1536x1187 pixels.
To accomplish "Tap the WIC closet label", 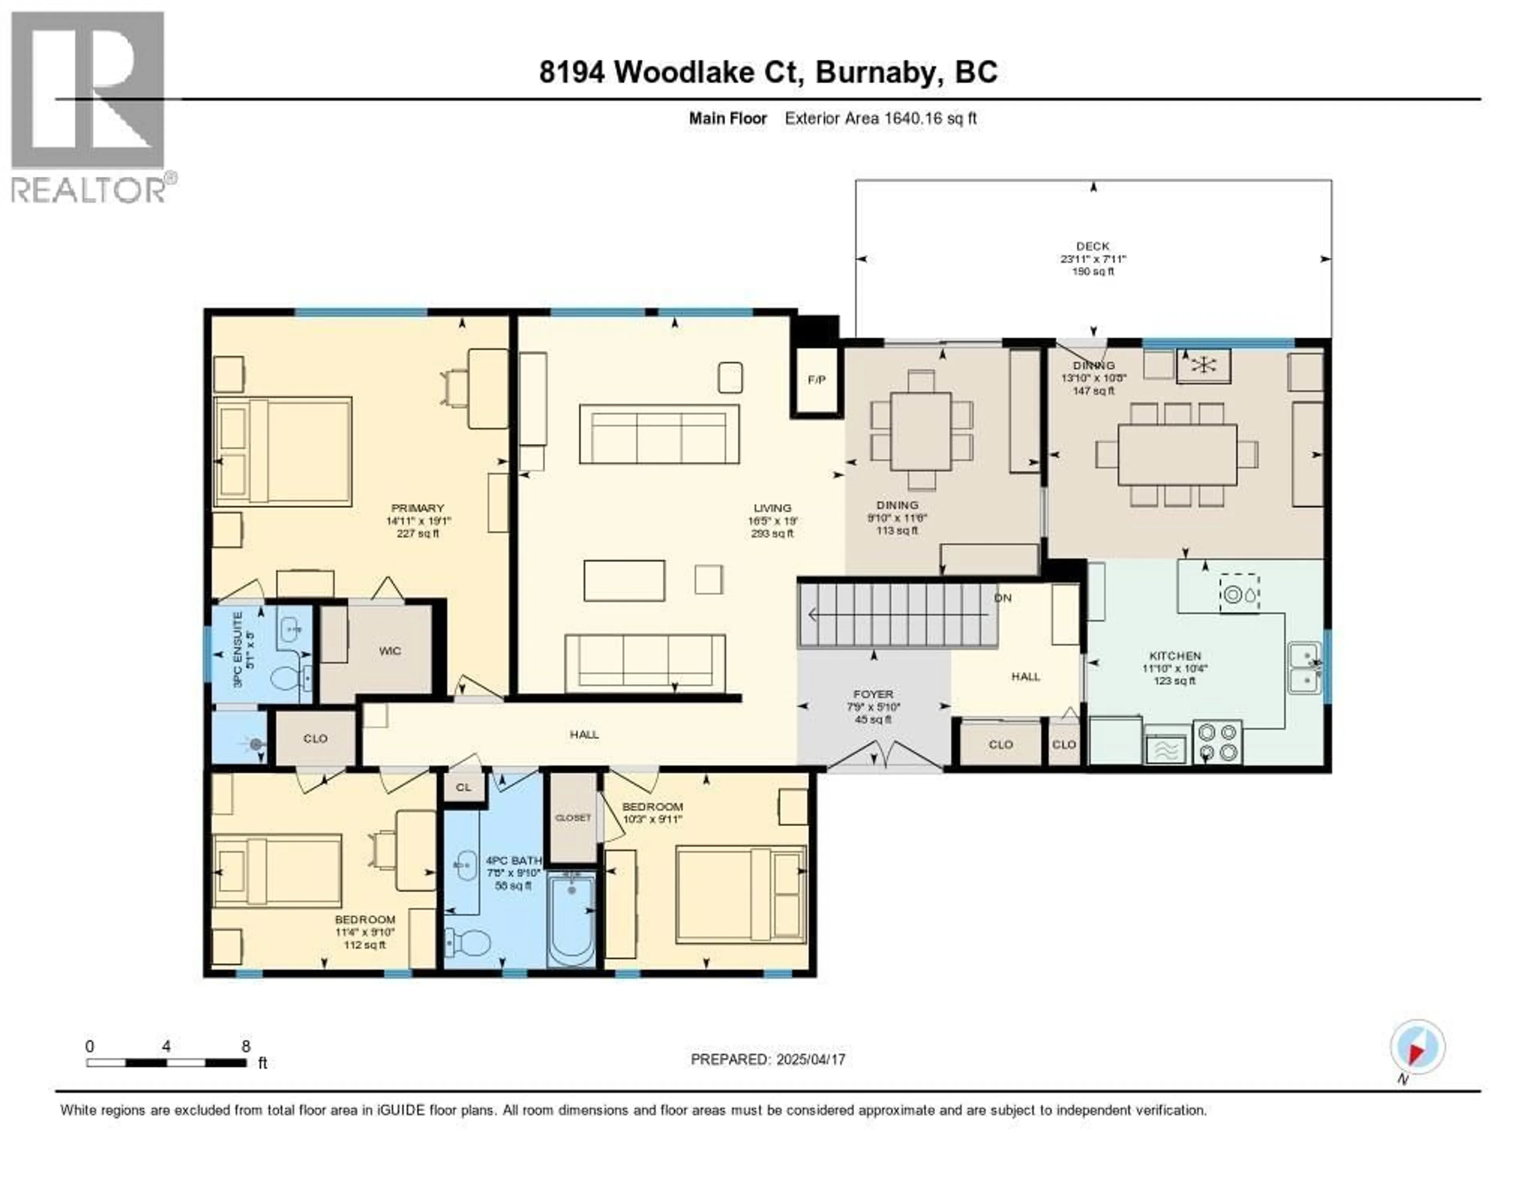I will click(x=390, y=651).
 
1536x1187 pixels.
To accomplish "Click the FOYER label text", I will click(x=874, y=694).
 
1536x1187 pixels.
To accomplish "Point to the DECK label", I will click(x=1092, y=246).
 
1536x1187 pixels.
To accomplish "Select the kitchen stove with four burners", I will click(x=1218, y=742).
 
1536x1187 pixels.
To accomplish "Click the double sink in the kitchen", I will click(x=1305, y=668).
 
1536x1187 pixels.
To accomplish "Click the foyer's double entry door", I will click(x=884, y=758).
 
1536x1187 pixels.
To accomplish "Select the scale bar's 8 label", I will click(x=246, y=1046).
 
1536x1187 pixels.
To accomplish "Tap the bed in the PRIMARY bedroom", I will click(x=283, y=452).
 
